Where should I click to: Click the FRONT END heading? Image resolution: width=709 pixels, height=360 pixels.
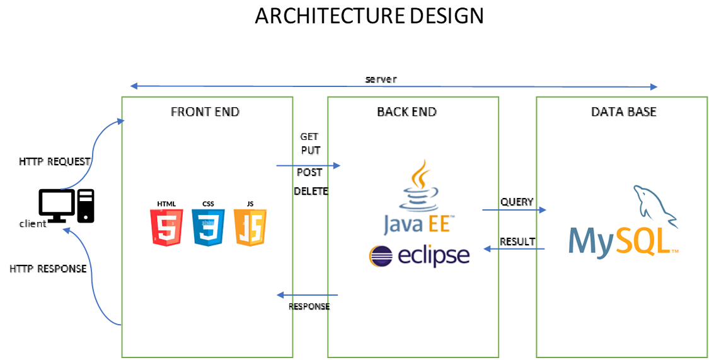(x=205, y=112)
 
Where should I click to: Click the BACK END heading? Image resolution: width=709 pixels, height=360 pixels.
(x=406, y=112)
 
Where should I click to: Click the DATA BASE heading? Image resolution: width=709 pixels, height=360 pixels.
(x=623, y=112)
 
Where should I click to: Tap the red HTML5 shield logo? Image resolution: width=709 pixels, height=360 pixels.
(x=166, y=228)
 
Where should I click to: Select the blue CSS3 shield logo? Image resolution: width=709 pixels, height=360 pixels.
(x=208, y=228)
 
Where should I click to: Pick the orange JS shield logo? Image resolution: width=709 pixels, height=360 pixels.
(x=250, y=228)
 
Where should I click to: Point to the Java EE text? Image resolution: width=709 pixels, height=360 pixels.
(x=417, y=224)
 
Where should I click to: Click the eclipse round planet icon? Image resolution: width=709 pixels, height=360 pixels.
(x=381, y=256)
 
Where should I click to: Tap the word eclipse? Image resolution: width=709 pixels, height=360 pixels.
(x=434, y=256)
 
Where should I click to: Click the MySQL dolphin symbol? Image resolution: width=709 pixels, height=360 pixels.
(x=655, y=205)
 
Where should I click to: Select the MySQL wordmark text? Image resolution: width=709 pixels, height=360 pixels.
(x=621, y=241)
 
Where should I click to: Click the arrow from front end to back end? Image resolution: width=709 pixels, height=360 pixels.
(x=308, y=166)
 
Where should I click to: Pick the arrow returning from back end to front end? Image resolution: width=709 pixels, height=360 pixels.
(x=308, y=295)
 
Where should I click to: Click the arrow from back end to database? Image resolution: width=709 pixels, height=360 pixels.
(x=514, y=210)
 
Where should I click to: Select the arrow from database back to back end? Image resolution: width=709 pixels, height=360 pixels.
(x=514, y=249)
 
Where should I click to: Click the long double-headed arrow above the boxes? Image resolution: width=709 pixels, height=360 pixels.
(x=393, y=86)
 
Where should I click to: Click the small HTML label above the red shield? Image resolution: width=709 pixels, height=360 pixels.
(x=166, y=204)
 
